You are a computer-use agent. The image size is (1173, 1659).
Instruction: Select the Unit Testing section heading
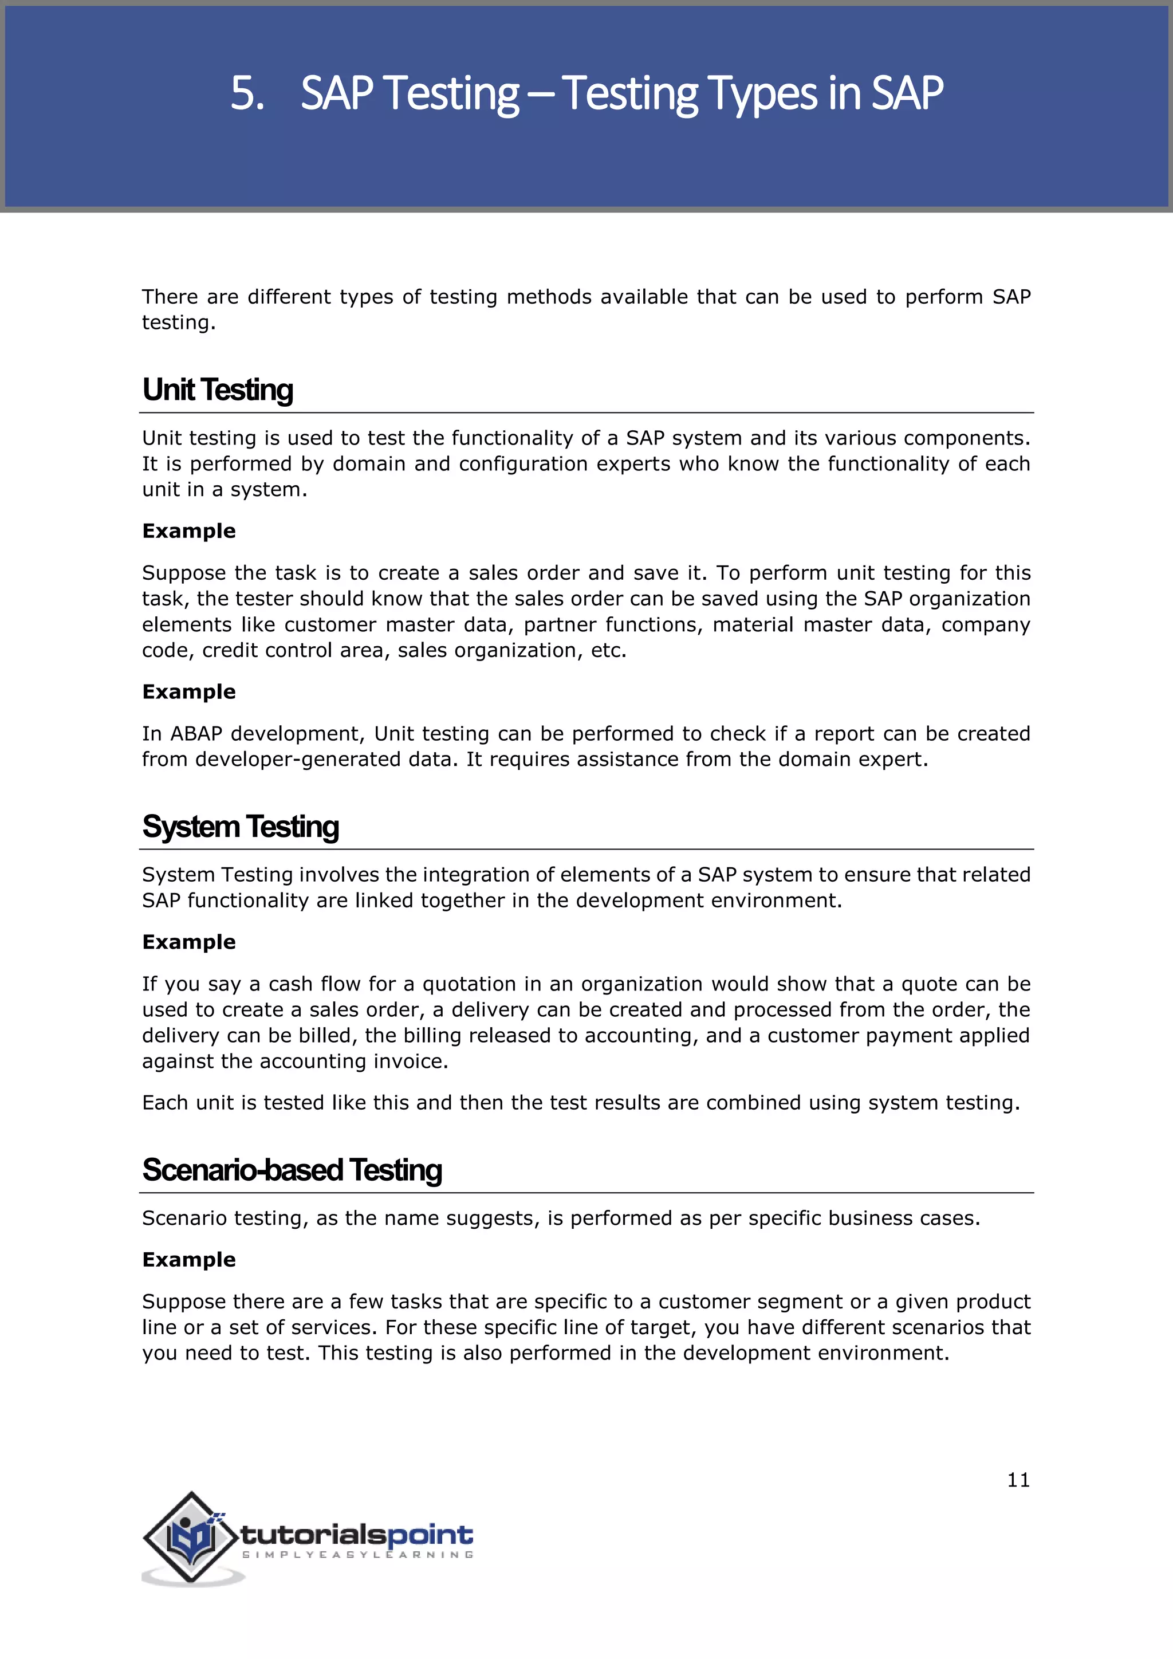[x=218, y=390]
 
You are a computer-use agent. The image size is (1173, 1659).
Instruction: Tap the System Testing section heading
[x=241, y=826]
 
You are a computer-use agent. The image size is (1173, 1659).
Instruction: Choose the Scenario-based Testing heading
[x=292, y=1169]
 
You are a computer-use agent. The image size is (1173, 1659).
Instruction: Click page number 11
[x=1018, y=1480]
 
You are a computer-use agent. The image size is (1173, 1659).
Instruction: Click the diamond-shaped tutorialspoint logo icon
[x=190, y=1537]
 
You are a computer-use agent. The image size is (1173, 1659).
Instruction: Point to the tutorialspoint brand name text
[x=356, y=1534]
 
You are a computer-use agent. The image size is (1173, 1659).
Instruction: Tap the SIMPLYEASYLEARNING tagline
[x=357, y=1554]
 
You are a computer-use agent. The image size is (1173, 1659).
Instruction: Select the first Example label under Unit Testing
[x=188, y=531]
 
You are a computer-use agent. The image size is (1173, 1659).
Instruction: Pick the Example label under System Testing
[x=188, y=942]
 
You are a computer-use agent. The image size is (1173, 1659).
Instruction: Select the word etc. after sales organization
[x=608, y=650]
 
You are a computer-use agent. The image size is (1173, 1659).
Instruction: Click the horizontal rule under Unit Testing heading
[x=586, y=412]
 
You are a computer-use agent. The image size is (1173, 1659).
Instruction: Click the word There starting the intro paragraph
[x=169, y=297]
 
